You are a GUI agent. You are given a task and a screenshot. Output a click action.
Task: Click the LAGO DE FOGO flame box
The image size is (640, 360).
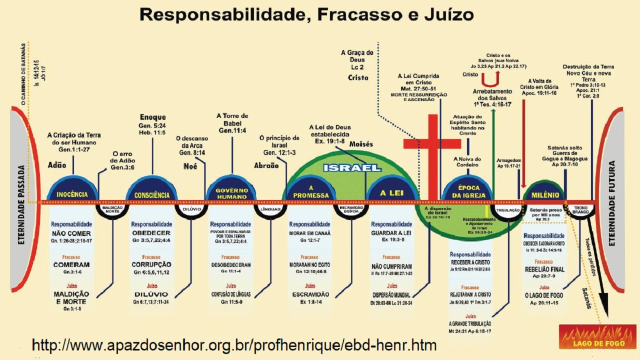pos(597,336)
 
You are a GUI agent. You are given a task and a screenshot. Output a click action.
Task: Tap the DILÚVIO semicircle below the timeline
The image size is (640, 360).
pos(191,209)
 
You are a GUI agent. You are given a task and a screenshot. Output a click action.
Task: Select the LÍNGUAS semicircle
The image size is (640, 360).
pos(271,209)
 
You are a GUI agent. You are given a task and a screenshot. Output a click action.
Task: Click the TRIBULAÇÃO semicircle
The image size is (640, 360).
pos(508,210)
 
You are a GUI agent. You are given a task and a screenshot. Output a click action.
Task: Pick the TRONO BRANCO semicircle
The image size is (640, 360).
pos(580,210)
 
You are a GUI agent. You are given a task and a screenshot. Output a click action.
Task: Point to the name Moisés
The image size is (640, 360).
pos(361,144)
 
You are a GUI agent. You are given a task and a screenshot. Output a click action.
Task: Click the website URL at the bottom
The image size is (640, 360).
pos(234,345)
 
